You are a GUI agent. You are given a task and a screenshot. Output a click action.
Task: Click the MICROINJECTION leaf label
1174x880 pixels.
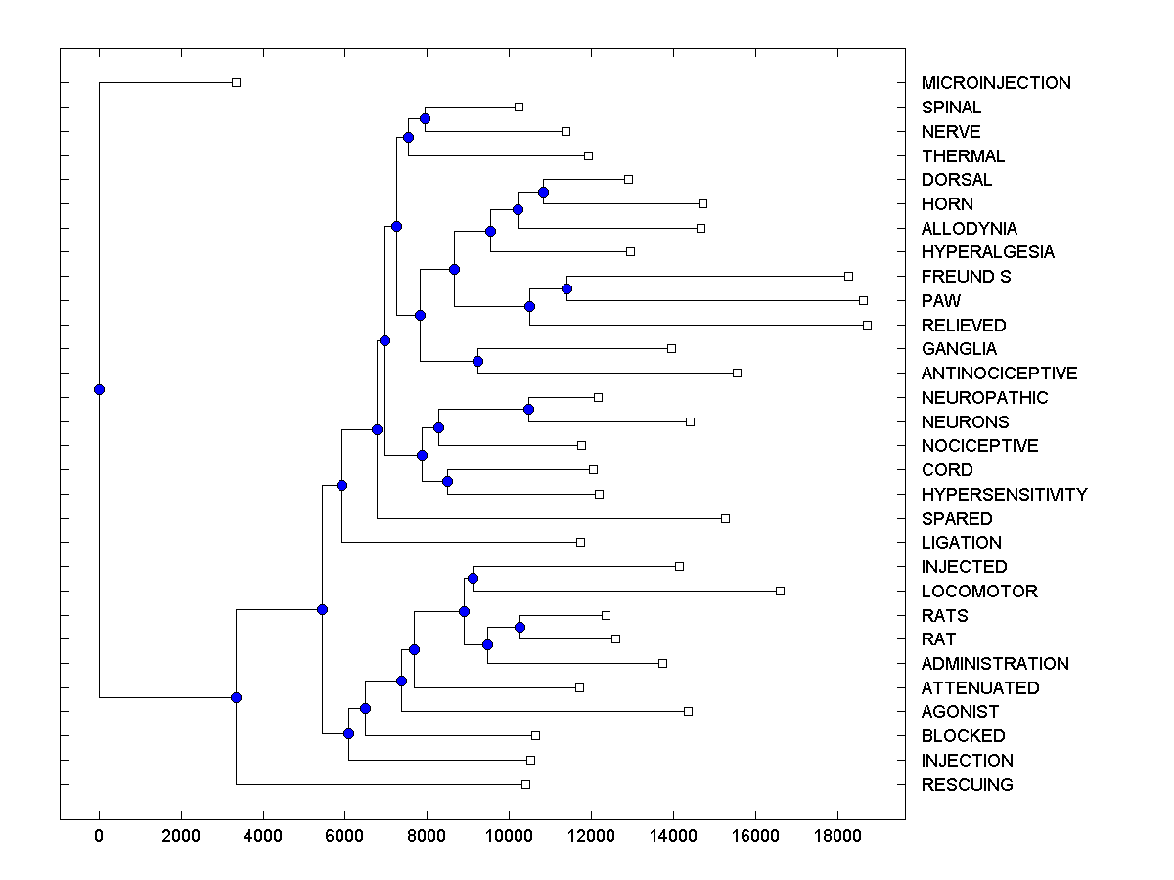(996, 83)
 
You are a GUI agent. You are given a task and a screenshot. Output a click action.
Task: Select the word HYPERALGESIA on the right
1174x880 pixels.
(988, 252)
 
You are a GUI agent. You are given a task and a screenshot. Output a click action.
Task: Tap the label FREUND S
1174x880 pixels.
(966, 277)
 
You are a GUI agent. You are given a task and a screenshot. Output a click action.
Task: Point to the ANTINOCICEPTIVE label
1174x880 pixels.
(999, 374)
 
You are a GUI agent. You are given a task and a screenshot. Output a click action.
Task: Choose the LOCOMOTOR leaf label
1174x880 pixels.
(979, 592)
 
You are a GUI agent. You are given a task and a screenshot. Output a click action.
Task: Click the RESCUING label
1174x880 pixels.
(967, 785)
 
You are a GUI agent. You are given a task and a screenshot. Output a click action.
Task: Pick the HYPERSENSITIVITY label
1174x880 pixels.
(1004, 495)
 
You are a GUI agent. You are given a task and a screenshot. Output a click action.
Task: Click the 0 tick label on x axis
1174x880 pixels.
(99, 835)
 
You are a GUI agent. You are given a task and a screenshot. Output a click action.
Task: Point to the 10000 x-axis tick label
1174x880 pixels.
(509, 835)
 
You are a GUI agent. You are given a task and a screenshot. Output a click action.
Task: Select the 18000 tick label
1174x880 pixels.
(837, 835)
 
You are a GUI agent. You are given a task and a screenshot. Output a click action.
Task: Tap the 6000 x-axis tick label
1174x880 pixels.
(344, 835)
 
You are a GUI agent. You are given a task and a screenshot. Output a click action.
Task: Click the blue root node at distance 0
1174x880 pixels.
(99, 389)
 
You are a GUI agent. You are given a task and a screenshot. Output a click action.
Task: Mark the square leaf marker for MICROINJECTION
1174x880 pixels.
(236, 83)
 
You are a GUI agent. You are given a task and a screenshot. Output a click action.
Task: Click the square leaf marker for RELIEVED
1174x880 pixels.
(867, 325)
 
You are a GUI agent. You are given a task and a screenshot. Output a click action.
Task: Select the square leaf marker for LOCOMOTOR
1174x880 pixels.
(780, 591)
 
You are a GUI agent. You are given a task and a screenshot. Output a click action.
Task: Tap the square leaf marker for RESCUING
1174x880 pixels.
(525, 784)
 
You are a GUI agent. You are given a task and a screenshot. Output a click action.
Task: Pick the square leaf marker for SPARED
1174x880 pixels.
(725, 518)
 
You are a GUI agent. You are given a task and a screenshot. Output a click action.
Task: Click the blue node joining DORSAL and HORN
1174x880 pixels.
(543, 192)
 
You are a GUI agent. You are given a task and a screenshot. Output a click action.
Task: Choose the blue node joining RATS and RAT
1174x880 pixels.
(519, 627)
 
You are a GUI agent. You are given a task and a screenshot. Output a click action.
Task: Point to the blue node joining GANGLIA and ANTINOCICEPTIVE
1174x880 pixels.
(477, 361)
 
